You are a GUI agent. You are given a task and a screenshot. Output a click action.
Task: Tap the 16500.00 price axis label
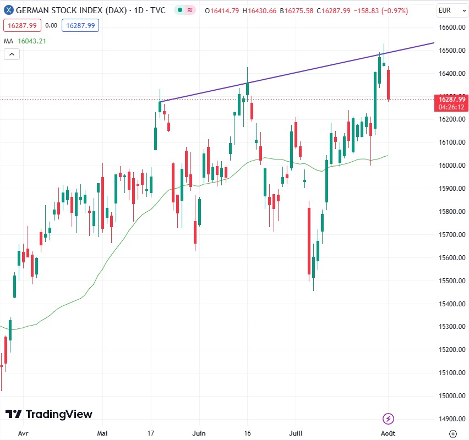452,51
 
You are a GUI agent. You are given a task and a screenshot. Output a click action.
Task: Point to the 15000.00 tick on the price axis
452,395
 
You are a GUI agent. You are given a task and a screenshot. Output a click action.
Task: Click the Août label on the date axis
388,433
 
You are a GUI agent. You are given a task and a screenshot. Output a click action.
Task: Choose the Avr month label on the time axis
23,433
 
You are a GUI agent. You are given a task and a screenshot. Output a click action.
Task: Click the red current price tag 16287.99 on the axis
451,99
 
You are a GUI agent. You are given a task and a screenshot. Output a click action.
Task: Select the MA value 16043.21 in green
32,41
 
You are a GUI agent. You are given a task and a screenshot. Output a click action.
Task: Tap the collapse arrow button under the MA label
12,54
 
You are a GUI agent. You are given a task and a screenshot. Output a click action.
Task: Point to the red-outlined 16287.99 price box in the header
22,25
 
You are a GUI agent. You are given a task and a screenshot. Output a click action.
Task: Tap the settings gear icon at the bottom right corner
452,433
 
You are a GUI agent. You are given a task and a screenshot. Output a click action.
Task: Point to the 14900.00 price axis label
452,419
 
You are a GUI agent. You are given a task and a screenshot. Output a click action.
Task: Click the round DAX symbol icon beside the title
8,10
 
